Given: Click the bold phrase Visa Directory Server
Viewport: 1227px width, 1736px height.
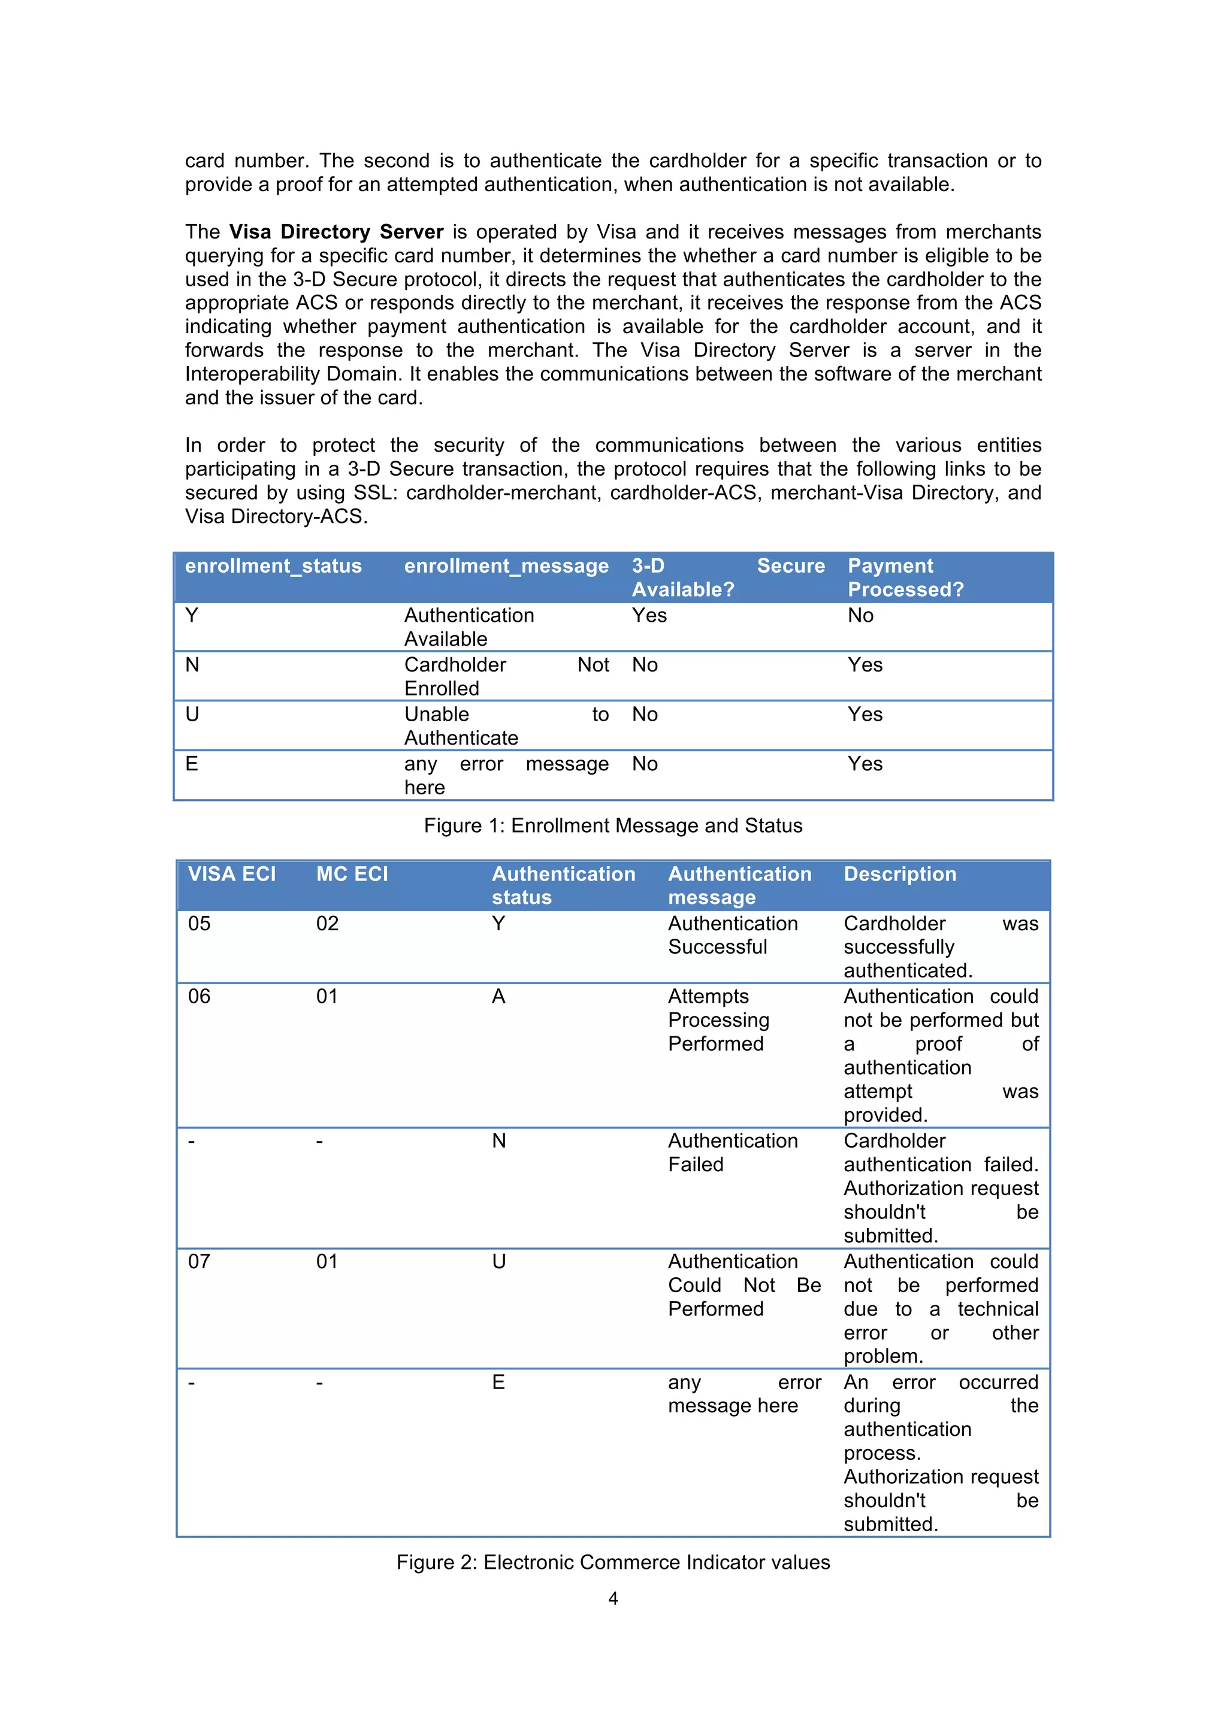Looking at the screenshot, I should [337, 231].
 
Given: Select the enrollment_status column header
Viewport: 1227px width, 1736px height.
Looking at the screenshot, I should [273, 565].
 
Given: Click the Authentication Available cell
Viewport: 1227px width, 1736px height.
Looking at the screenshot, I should [469, 627].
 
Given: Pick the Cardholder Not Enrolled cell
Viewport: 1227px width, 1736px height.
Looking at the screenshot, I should [506, 676].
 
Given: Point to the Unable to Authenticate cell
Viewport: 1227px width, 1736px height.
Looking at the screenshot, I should [506, 726].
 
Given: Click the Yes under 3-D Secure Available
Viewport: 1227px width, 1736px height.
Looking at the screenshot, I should [649, 615].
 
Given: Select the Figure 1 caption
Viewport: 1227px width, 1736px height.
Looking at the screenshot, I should [612, 825].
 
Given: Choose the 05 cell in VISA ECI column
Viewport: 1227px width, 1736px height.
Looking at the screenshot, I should [199, 923].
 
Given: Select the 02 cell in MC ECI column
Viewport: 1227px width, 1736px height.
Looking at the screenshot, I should [327, 923].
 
